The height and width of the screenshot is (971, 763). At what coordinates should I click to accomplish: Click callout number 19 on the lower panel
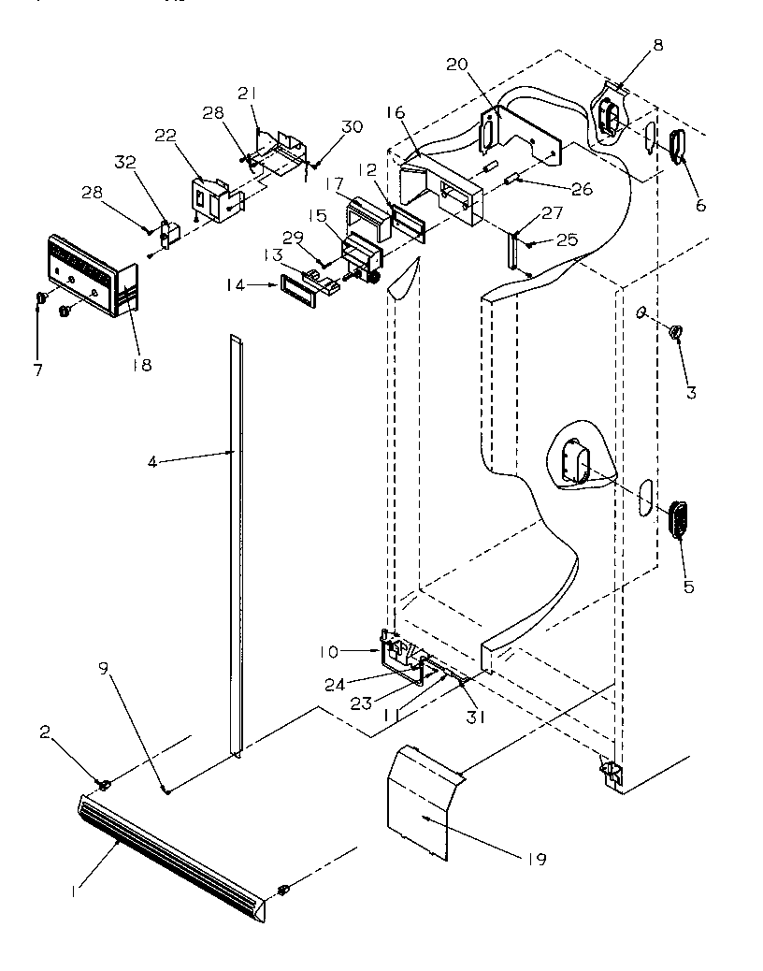[x=536, y=859]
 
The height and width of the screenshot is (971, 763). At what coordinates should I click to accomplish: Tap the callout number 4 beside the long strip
[x=151, y=460]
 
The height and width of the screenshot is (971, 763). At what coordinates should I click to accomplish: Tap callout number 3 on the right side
[x=690, y=393]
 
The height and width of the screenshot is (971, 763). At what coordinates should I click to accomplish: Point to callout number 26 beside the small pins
[x=581, y=189]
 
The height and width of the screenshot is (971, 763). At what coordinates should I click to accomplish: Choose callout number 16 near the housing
[x=396, y=112]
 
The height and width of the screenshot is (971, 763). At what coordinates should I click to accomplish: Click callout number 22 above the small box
[x=166, y=136]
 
